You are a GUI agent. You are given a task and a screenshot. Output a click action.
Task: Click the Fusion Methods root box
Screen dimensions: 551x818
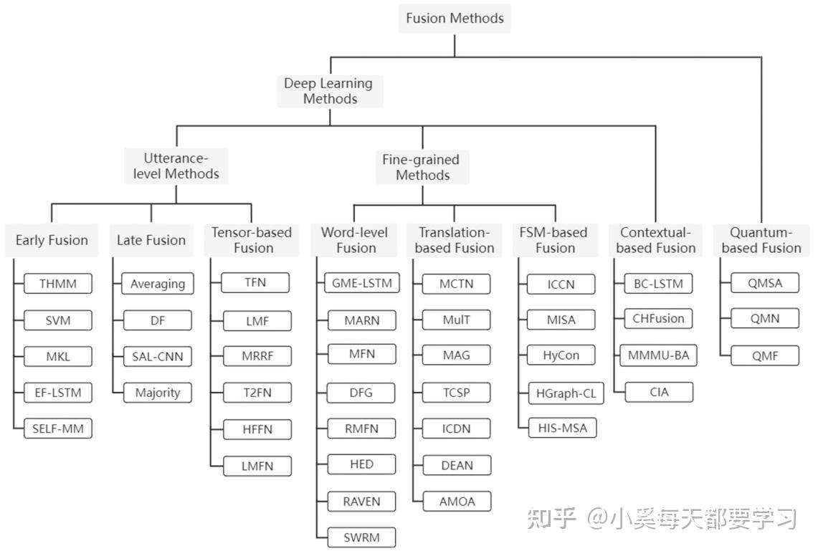click(455, 18)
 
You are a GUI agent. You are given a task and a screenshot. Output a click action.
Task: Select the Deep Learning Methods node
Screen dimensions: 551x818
click(330, 91)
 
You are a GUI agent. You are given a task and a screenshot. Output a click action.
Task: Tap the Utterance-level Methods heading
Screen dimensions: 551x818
click(176, 166)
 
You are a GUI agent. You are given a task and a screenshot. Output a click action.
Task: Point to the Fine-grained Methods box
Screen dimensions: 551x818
click(422, 167)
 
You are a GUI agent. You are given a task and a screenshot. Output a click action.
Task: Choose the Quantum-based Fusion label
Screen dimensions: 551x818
click(761, 240)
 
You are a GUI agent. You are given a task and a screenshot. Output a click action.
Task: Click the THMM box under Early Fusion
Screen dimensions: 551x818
click(58, 284)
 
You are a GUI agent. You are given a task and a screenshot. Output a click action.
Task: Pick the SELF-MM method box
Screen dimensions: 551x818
click(58, 428)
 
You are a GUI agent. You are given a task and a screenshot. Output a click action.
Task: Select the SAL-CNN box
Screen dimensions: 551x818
click(157, 356)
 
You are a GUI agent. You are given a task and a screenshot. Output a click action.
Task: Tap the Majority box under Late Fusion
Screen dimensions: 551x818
click(157, 393)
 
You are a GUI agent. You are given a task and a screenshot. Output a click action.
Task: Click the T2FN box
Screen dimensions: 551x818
click(257, 392)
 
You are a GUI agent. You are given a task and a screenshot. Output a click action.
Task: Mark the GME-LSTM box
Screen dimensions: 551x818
click(362, 283)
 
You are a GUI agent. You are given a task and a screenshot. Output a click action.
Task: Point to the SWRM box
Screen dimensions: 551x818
click(362, 537)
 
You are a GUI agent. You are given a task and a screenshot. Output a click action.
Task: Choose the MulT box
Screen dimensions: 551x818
click(457, 319)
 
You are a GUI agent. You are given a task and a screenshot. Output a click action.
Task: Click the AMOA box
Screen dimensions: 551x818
click(457, 501)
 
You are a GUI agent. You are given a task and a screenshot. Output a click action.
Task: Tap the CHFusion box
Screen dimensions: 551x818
click(658, 318)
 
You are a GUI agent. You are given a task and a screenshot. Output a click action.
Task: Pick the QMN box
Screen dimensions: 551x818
click(764, 318)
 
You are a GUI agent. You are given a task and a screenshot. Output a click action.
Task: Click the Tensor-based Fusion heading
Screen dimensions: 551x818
click(252, 240)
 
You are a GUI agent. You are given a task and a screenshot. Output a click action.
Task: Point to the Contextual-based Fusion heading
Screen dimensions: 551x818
click(656, 240)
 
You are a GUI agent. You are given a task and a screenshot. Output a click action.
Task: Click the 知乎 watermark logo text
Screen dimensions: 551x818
click(551, 518)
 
